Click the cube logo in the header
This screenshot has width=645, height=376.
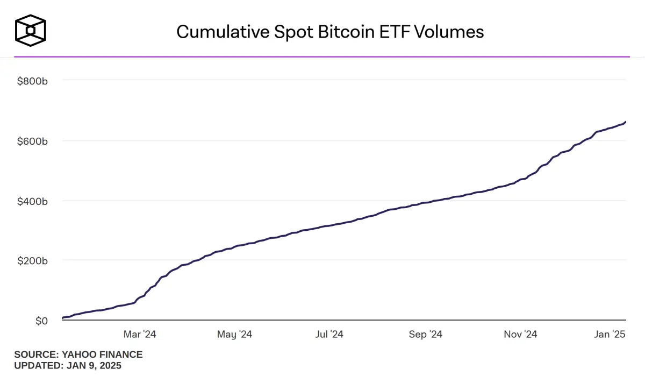(x=30, y=30)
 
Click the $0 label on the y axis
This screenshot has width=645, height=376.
(x=41, y=321)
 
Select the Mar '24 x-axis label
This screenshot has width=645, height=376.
(x=139, y=335)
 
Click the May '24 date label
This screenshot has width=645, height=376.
(x=234, y=335)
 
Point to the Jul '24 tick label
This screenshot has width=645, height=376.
(x=329, y=335)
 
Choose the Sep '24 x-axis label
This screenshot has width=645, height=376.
(x=425, y=335)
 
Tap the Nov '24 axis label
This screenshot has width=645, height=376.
(x=520, y=335)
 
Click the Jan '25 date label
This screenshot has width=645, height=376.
(x=610, y=335)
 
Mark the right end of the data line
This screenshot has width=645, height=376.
(x=626, y=122)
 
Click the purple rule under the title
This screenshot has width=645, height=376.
(x=322, y=56)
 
